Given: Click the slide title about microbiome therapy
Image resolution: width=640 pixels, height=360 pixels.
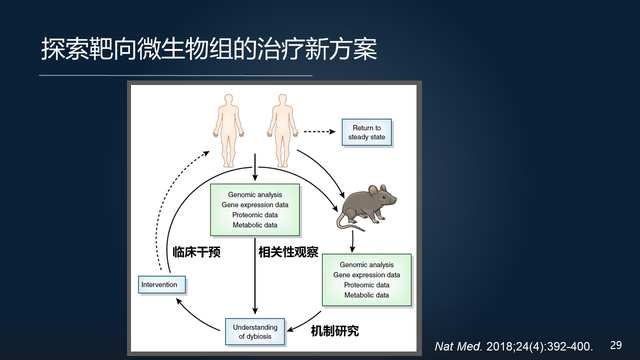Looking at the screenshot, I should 209,49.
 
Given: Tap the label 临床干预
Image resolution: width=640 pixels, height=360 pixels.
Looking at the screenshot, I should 196,252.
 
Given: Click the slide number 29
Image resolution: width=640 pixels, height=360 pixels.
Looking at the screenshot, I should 616,344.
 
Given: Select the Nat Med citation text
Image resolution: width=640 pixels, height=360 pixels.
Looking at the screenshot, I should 506,345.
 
